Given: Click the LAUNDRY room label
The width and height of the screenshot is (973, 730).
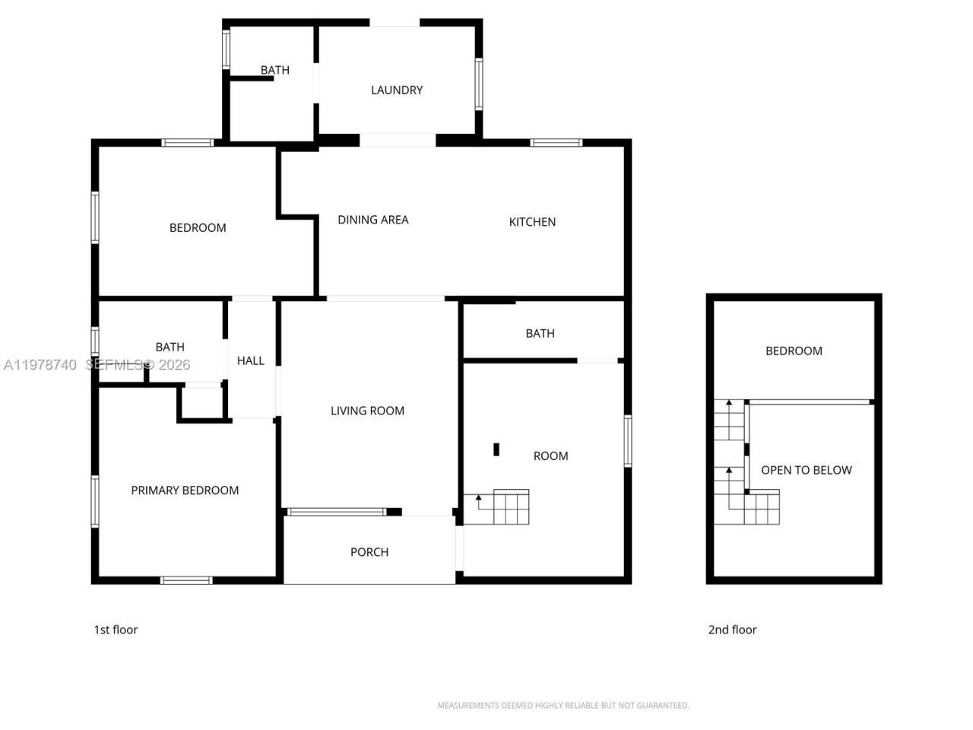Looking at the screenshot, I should coord(396,90).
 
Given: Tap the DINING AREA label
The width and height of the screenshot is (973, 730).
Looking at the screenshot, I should coord(372,220).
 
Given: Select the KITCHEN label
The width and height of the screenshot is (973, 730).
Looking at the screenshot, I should coord(532,222).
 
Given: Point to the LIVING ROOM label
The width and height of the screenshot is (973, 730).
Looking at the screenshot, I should coord(367,411).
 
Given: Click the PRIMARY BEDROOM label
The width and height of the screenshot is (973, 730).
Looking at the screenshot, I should coord(185,490).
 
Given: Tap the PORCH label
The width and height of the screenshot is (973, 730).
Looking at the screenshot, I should coord(369,552).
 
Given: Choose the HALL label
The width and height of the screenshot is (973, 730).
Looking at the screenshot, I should coord(251,360).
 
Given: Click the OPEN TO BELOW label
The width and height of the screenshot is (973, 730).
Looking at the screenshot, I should coord(806,470).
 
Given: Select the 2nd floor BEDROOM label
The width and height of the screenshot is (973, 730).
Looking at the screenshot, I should coord(794,351).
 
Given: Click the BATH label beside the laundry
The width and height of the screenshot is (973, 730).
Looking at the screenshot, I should coord(274,70).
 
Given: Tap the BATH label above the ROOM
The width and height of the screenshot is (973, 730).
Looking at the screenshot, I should coord(540,333).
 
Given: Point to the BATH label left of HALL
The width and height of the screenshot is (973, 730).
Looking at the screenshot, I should coord(170,347).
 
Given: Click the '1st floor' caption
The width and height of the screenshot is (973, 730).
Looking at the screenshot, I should coord(116,630).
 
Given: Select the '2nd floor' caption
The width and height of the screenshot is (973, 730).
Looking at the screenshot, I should coord(732,630).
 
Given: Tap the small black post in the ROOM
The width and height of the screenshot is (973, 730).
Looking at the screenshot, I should coord(496,449).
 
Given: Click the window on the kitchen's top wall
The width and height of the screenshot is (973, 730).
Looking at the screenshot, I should coord(556,142).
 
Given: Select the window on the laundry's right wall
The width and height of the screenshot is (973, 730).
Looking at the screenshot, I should coord(479,84).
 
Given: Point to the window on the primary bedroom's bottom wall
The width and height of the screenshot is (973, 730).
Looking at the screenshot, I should coord(186,580).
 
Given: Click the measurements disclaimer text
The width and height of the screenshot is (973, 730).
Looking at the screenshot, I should coord(563,706).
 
